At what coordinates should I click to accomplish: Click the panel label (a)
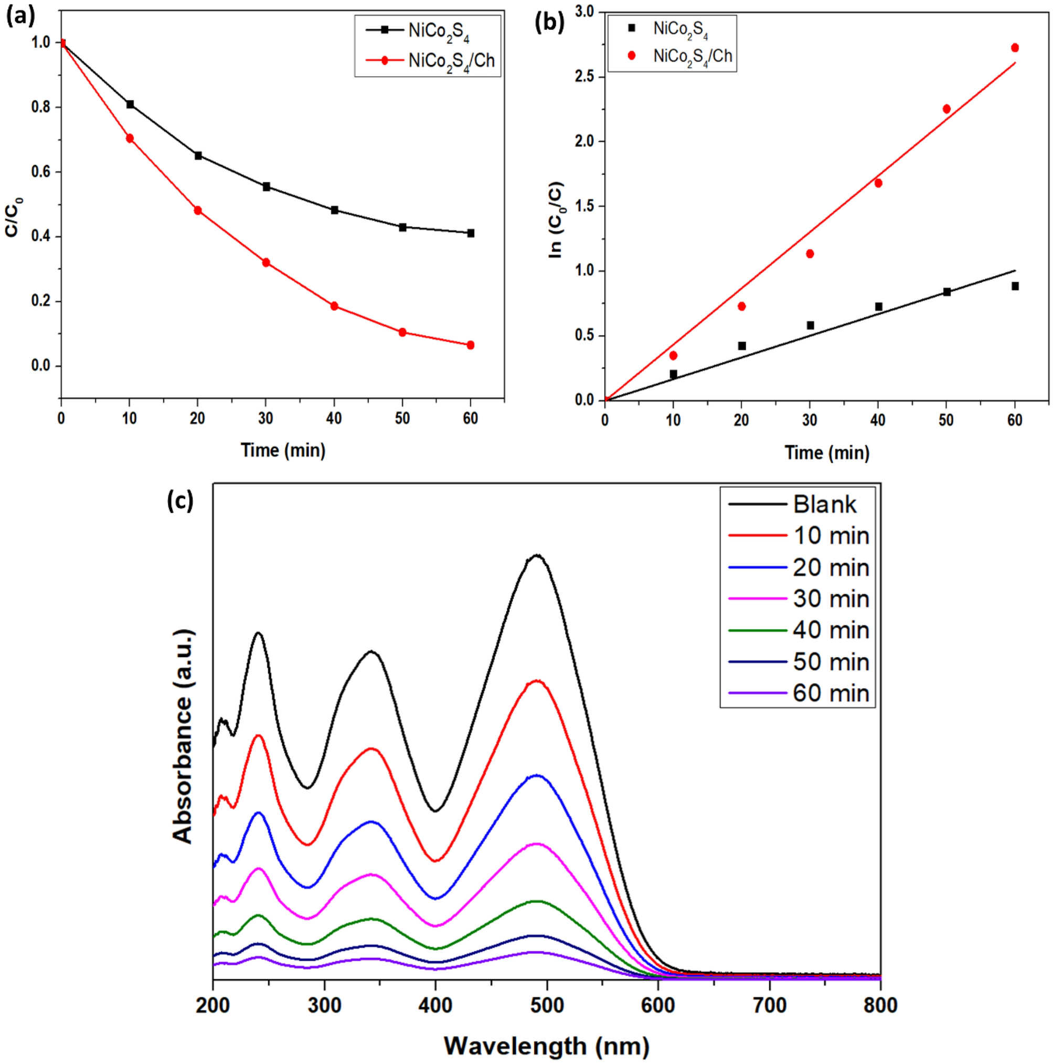(x=20, y=16)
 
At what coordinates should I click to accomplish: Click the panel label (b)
(x=549, y=23)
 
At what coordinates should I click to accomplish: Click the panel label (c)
(x=180, y=501)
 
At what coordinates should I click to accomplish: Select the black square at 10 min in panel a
(x=130, y=104)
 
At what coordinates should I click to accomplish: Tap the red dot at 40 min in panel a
(x=334, y=306)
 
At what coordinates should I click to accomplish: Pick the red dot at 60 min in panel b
(x=1015, y=48)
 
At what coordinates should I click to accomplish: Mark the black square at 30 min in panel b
(x=810, y=325)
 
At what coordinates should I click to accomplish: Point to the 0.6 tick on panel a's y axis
(x=41, y=172)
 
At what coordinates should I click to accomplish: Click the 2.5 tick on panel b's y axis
(x=584, y=77)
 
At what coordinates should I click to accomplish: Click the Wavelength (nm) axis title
(x=547, y=1045)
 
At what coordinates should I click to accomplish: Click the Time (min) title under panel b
(x=826, y=452)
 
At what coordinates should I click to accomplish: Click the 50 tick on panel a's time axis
(x=402, y=418)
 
